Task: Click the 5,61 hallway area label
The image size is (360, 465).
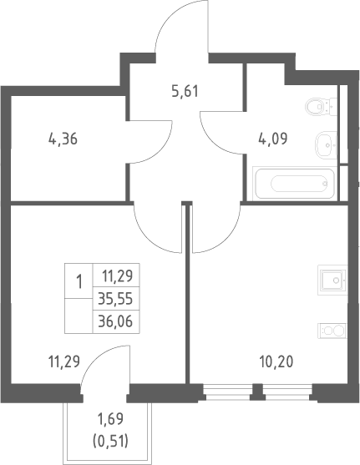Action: click(x=185, y=91)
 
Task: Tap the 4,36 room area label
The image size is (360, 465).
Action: click(x=63, y=139)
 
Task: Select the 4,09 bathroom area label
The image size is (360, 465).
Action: click(x=273, y=139)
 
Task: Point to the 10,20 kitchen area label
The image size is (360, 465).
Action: click(x=276, y=361)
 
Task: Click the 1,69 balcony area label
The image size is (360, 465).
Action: click(x=110, y=419)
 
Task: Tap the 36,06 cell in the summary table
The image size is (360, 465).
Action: click(x=115, y=321)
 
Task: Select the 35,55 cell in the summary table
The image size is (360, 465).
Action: click(x=115, y=299)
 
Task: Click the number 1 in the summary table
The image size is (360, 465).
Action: click(x=79, y=281)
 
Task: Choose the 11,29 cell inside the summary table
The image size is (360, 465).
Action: click(x=117, y=276)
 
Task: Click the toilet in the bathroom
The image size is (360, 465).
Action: click(x=321, y=106)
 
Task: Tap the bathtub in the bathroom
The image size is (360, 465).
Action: click(x=294, y=183)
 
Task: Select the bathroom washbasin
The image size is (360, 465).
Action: click(x=326, y=145)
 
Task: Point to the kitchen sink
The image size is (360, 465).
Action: click(x=332, y=280)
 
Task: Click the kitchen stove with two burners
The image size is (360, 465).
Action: click(x=332, y=331)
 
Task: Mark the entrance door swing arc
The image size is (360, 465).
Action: click(x=163, y=23)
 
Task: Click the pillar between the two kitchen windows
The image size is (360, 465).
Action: click(x=257, y=392)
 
